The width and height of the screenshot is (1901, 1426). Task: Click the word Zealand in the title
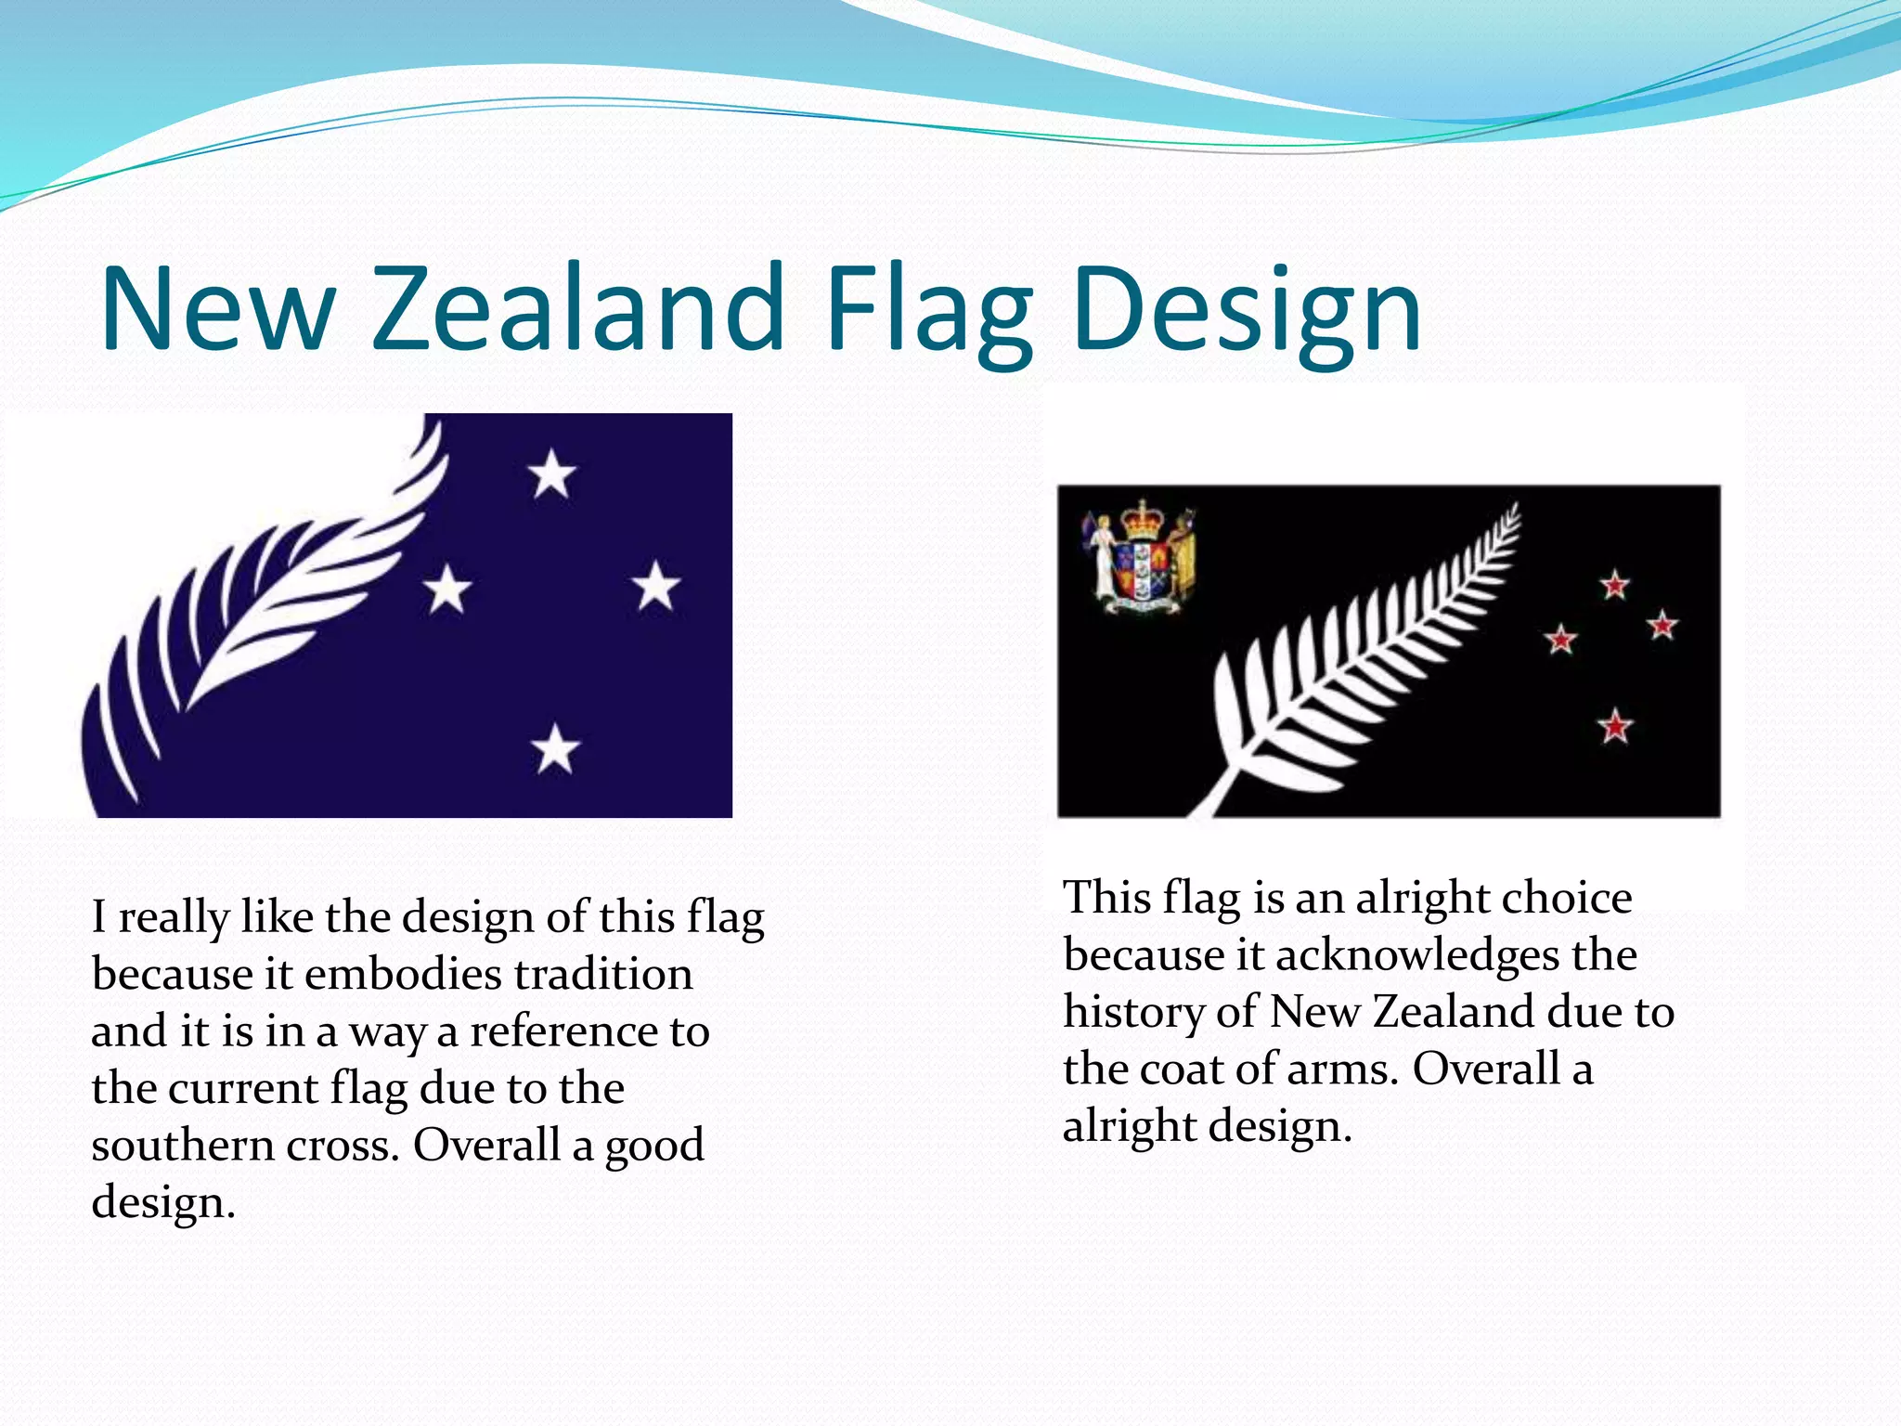579,308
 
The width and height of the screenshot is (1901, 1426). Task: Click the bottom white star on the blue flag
555,748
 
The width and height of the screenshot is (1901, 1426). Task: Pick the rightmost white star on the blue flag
656,587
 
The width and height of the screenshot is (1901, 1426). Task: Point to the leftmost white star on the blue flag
447,589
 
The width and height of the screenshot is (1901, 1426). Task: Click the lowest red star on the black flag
1615,725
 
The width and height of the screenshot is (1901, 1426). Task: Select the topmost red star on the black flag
1615,586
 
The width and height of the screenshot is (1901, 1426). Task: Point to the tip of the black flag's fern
1515,509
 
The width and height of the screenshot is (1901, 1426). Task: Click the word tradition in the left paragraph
603,975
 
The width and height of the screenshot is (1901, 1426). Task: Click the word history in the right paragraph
1132,1013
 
